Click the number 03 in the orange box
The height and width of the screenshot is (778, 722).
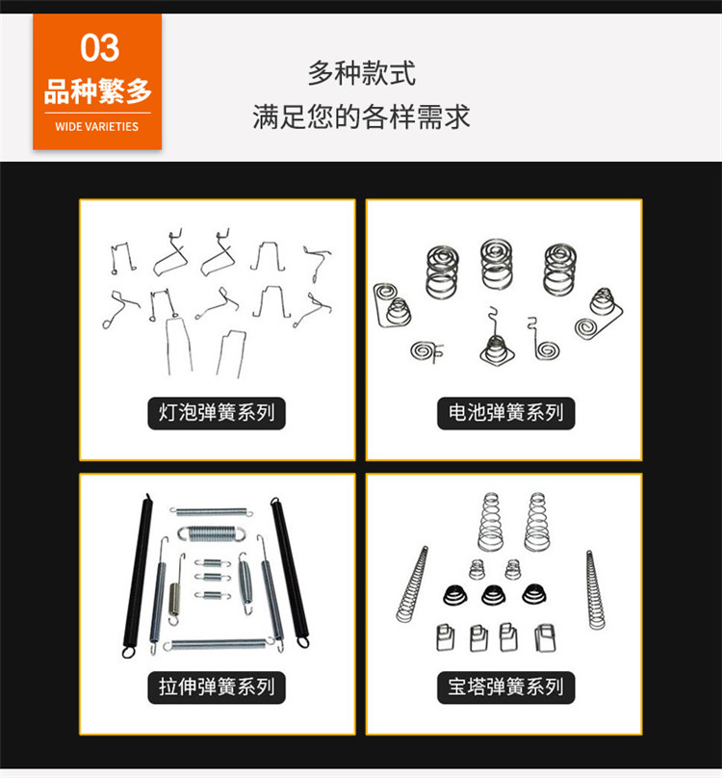pyautogui.click(x=100, y=47)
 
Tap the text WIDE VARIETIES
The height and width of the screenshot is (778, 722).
pyautogui.click(x=97, y=126)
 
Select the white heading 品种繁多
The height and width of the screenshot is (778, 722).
pyautogui.click(x=97, y=91)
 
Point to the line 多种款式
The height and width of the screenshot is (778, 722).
pyautogui.click(x=361, y=73)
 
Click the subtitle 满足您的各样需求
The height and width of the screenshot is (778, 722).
pyautogui.click(x=361, y=117)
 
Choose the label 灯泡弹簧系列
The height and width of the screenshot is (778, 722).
pyautogui.click(x=217, y=413)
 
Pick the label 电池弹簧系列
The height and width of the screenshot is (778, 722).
pyautogui.click(x=505, y=413)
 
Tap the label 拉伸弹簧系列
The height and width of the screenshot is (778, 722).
pyautogui.click(x=217, y=687)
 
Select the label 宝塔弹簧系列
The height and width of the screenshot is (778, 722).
pyautogui.click(x=505, y=687)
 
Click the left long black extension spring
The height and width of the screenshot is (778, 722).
pyautogui.click(x=138, y=576)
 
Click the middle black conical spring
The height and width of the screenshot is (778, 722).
pyautogui.click(x=492, y=595)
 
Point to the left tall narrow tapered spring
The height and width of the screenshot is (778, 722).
pyautogui.click(x=412, y=584)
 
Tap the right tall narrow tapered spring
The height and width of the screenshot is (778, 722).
pyautogui.click(x=595, y=589)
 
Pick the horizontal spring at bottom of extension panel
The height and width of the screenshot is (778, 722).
pyautogui.click(x=219, y=644)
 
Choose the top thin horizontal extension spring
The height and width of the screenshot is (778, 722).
pyautogui.click(x=212, y=511)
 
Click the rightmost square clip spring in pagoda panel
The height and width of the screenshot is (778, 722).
pyautogui.click(x=545, y=637)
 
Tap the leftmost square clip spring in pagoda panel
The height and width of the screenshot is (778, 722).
pyautogui.click(x=446, y=637)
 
